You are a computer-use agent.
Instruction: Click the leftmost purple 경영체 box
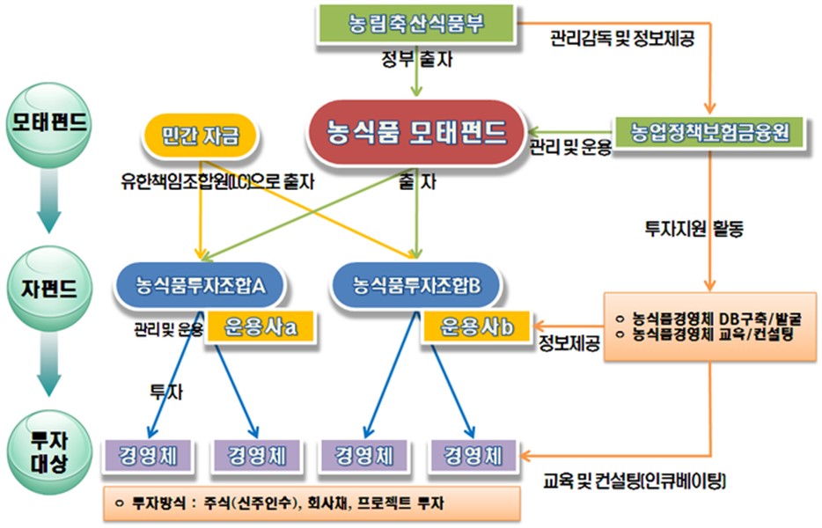coord(147,456)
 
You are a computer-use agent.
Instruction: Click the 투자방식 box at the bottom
coord(311,503)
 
